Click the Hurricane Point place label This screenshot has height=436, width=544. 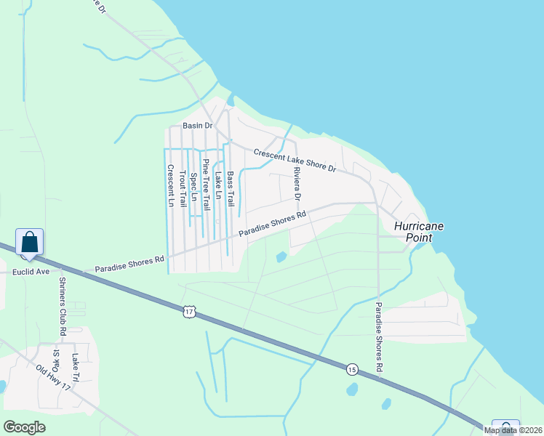pyautogui.click(x=419, y=232)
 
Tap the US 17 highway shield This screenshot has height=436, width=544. pyautogui.click(x=189, y=312)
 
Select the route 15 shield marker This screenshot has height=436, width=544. pyautogui.click(x=351, y=368)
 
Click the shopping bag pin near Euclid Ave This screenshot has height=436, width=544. pyautogui.click(x=29, y=243)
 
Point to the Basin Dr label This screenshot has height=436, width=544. pyautogui.click(x=197, y=126)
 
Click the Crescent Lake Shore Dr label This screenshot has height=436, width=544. pyautogui.click(x=295, y=160)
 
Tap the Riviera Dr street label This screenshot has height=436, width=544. pyautogui.click(x=297, y=185)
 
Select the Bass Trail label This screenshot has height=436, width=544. pyautogui.click(x=231, y=187)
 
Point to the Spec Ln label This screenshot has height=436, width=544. pyautogui.click(x=194, y=186)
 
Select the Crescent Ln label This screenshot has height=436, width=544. pyautogui.click(x=171, y=186)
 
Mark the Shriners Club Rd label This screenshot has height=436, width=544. pyautogui.click(x=63, y=306)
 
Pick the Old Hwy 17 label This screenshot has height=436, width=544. pyautogui.click(x=52, y=378)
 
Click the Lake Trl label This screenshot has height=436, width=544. pyautogui.click(x=75, y=366)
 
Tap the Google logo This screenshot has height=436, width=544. pyautogui.click(x=25, y=427)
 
